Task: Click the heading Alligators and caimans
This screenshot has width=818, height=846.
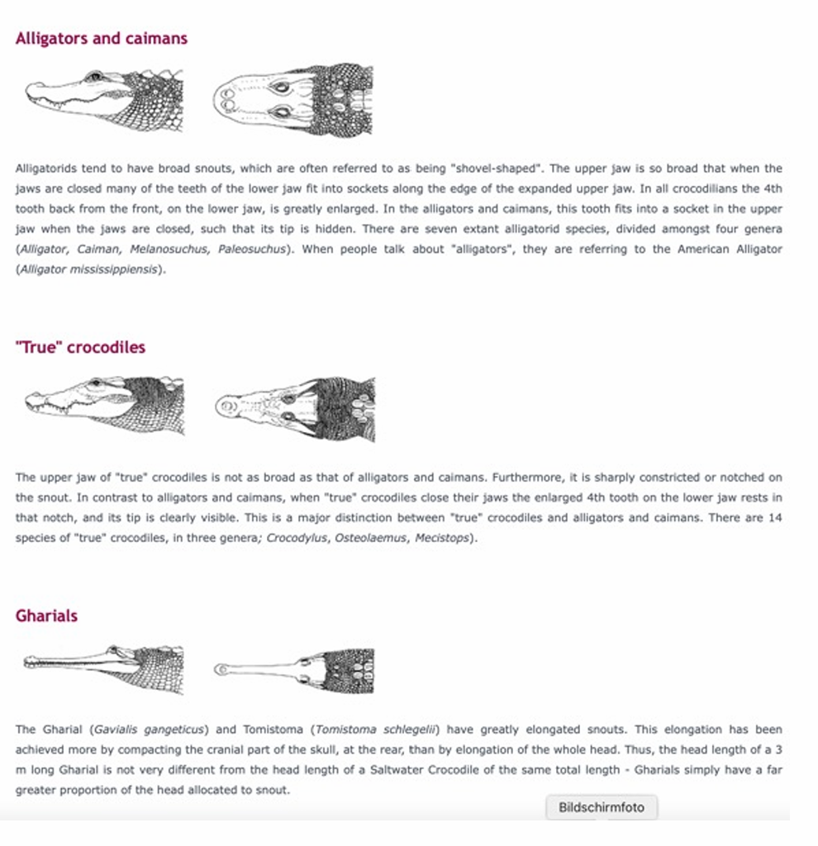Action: pos(102,38)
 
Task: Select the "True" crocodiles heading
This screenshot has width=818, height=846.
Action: pos(80,347)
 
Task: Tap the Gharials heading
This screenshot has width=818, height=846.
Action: pos(46,615)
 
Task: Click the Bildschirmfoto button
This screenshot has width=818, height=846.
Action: pos(601,807)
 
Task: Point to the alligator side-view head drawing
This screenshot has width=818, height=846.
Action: pos(104,100)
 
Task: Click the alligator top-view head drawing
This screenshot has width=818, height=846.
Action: pos(293,100)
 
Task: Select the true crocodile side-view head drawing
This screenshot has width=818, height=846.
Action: pos(104,405)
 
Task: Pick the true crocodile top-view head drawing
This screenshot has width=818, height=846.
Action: pos(295,409)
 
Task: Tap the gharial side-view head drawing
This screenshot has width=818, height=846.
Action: pos(103,668)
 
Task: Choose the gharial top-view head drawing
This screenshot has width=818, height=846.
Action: pos(293,671)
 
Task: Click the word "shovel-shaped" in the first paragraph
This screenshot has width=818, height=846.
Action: pos(497,169)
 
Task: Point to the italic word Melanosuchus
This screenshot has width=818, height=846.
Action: pos(169,250)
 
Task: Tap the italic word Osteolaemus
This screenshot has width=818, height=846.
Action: pos(371,538)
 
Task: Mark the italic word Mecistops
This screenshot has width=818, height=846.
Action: pos(442,538)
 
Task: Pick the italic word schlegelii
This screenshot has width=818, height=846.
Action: pos(409,730)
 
